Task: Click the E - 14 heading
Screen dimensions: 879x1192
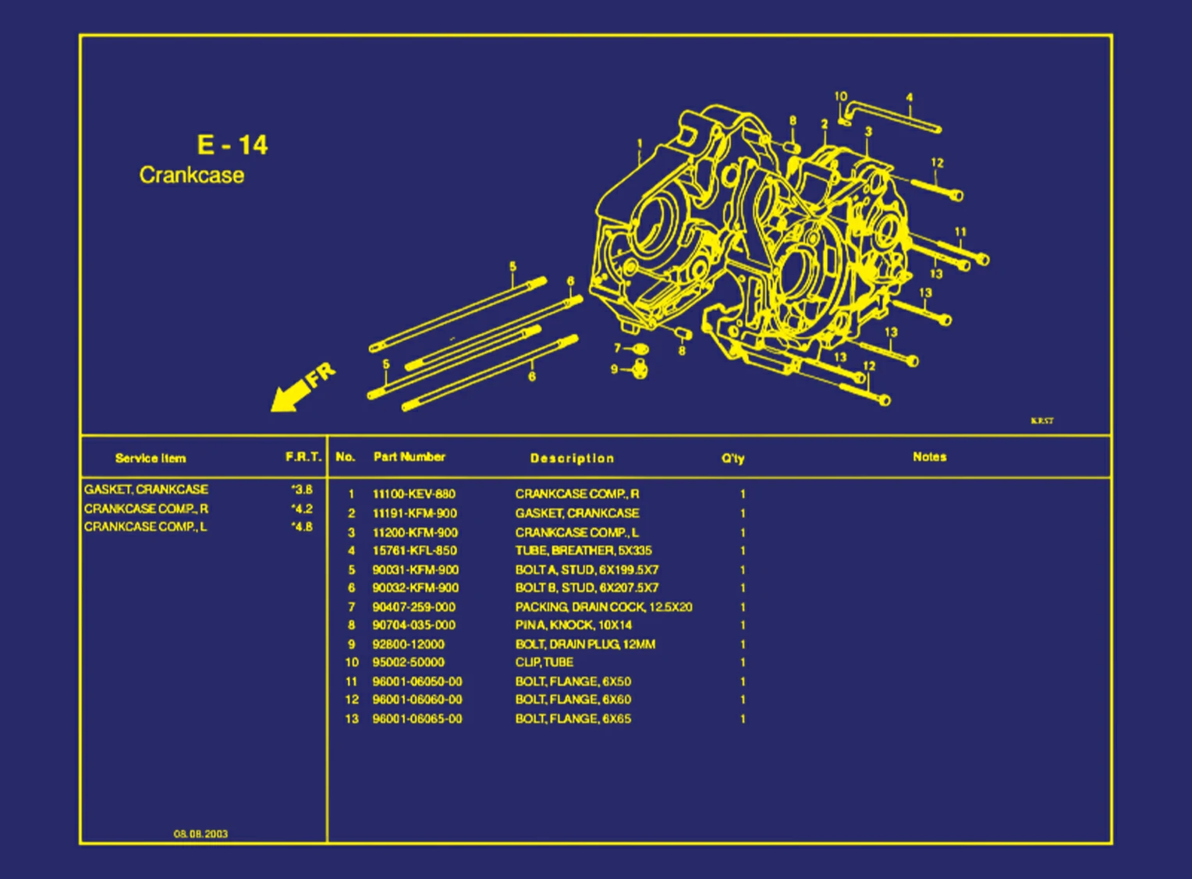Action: [x=232, y=145]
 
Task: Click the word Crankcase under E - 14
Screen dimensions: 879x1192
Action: [x=192, y=175]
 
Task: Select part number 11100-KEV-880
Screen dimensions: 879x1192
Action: [x=413, y=494]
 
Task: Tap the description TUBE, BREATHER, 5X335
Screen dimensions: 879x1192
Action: [x=583, y=551]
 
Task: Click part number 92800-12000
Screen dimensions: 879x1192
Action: [x=408, y=644]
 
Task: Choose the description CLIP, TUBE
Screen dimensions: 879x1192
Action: [x=544, y=662]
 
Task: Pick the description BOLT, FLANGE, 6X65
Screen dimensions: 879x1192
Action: [x=573, y=719]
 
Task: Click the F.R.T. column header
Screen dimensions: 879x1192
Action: [x=303, y=457]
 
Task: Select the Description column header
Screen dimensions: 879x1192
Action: [x=572, y=458]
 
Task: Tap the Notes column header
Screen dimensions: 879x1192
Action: [x=929, y=457]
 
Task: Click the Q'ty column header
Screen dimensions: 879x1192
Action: [x=732, y=459]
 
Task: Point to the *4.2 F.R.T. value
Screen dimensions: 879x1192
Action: [x=302, y=509]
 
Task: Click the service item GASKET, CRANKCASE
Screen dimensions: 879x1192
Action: [x=146, y=490]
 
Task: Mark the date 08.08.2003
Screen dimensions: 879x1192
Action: [x=200, y=834]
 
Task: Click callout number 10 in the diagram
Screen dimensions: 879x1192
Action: [x=840, y=97]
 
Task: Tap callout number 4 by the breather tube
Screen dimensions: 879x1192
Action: [x=909, y=97]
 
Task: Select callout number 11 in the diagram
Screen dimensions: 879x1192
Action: [x=960, y=232]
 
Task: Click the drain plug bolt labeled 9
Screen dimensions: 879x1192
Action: [x=640, y=368]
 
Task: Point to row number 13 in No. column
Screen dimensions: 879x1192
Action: [x=352, y=719]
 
